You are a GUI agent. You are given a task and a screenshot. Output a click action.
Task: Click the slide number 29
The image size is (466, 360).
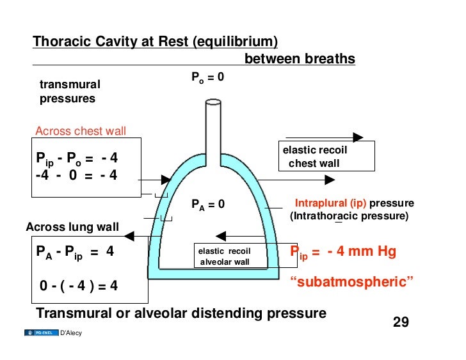coord(401,322)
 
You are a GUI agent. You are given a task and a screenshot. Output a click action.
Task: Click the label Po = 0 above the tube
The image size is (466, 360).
coord(207,78)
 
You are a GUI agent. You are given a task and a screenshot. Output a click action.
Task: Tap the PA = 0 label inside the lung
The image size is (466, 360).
coord(208,205)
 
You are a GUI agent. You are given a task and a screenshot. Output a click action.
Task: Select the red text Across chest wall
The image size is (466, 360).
coord(81,132)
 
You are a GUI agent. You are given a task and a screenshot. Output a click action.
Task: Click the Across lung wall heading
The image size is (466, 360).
coord(72,226)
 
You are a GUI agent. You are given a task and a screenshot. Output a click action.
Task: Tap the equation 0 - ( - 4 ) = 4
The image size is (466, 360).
coord(79,286)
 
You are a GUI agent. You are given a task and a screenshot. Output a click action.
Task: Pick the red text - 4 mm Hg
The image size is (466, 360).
coord(362,251)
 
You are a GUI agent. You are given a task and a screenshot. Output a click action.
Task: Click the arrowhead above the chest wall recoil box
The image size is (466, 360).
coord(358,137)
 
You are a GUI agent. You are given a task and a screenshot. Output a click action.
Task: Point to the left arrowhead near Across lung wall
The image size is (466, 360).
coord(130,237)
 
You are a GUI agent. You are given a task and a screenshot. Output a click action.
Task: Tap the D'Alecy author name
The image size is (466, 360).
coord(70,333)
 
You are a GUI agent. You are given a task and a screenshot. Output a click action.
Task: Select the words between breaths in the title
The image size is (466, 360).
coord(300,59)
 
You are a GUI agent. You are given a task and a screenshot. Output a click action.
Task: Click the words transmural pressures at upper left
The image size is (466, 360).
coord(70,91)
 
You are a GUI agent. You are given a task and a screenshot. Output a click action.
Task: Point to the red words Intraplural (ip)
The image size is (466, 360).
coord(330,204)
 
